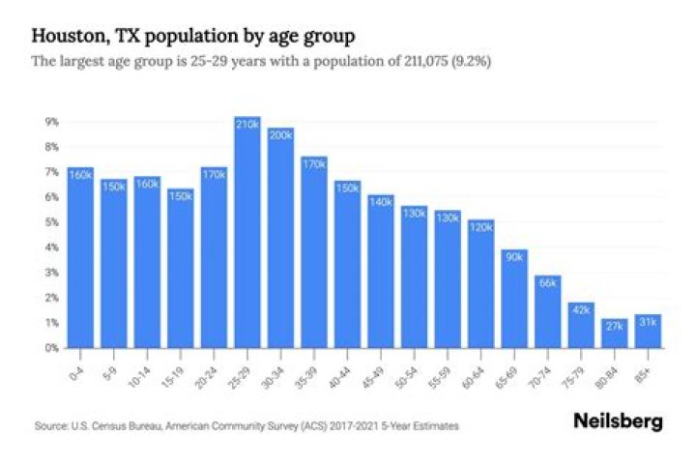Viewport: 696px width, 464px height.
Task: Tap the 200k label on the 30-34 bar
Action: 280,136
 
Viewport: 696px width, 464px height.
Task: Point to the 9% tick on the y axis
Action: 51,122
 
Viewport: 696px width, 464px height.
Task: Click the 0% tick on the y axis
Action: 51,347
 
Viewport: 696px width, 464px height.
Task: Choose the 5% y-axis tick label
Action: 51,222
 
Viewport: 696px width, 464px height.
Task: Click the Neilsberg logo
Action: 618,421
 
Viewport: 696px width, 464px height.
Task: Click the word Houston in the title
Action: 69,37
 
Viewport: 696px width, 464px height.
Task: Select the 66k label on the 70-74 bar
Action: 548,283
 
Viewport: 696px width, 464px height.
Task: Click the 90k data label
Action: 514,257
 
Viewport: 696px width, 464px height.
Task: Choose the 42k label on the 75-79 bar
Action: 581,310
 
